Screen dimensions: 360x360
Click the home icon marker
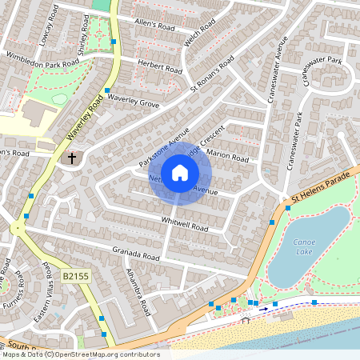[x=180, y=173]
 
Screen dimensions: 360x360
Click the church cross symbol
[x=72, y=158]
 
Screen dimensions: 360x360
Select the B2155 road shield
[x=74, y=275]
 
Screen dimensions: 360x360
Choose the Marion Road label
[x=229, y=154]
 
